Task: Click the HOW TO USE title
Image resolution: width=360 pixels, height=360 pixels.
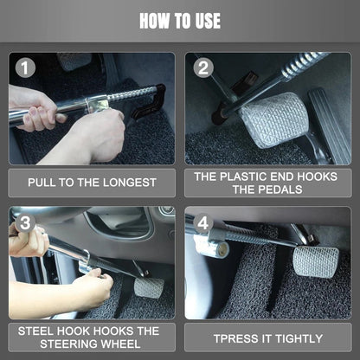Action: click(180, 20)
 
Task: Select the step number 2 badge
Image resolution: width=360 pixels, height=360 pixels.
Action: click(203, 67)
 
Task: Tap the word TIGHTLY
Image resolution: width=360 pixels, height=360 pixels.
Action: click(297, 337)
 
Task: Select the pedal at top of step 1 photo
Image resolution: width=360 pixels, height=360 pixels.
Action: click(74, 61)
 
